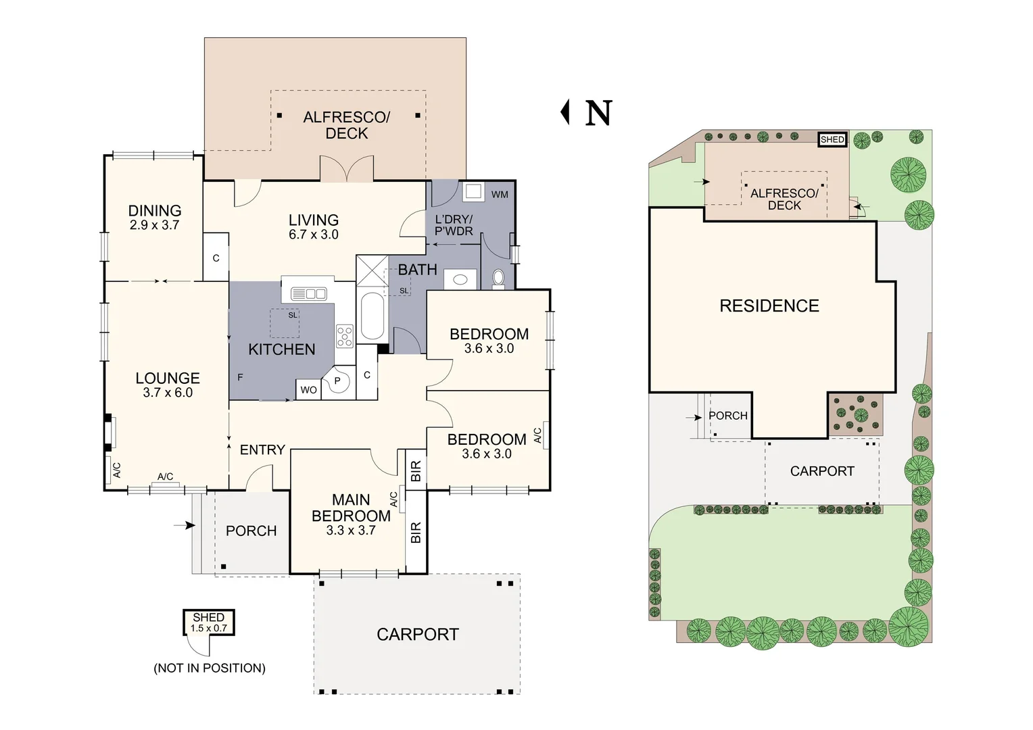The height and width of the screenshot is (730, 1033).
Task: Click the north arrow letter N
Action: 598,113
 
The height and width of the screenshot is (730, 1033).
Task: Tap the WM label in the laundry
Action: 500,195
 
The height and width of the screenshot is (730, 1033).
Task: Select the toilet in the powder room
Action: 498,279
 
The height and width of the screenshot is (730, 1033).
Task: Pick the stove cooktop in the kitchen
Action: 345,336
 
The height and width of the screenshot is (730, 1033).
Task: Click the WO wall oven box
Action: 308,390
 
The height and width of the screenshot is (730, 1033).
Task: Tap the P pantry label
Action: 337,381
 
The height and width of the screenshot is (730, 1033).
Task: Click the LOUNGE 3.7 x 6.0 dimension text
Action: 168,393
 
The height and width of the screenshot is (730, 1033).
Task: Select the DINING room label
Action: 155,211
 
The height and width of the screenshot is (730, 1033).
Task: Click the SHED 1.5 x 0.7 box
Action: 208,622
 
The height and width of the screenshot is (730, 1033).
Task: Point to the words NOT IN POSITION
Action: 210,668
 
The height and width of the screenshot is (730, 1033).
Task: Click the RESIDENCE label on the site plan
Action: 769,306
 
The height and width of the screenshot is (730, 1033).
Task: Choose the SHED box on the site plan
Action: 832,140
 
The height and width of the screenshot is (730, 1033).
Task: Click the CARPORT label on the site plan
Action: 822,471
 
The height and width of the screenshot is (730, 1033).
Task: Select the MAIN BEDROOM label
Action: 351,508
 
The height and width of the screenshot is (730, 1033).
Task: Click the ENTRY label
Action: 262,449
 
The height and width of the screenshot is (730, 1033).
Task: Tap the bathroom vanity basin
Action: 460,279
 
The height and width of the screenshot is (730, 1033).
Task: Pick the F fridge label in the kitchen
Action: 240,378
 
